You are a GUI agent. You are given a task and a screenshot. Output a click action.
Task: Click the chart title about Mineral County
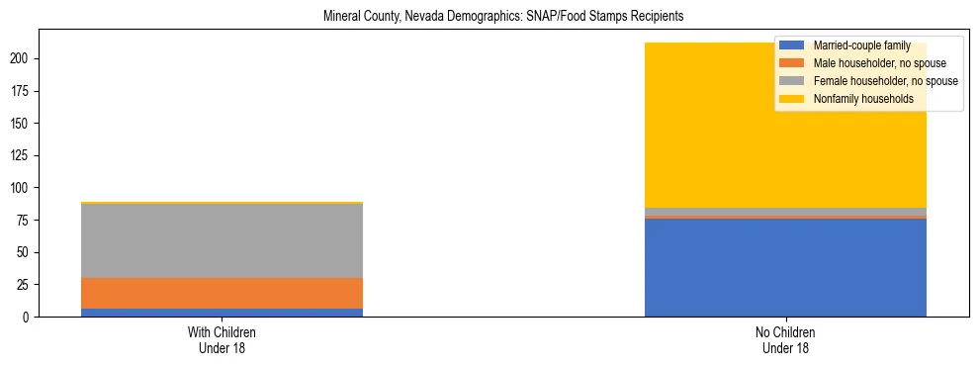pyautogui.click(x=503, y=17)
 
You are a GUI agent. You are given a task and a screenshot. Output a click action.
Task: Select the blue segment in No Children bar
pyautogui.click(x=785, y=267)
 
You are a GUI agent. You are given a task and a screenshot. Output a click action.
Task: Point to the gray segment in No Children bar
pyautogui.click(x=785, y=212)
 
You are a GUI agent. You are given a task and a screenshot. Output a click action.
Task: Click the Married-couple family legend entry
pyautogui.click(x=855, y=46)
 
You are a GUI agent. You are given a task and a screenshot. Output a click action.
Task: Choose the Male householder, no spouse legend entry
pyautogui.click(x=871, y=63)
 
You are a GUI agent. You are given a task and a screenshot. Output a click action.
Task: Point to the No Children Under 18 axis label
pyautogui.click(x=785, y=340)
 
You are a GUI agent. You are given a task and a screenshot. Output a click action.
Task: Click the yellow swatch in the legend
pyautogui.click(x=792, y=99)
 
